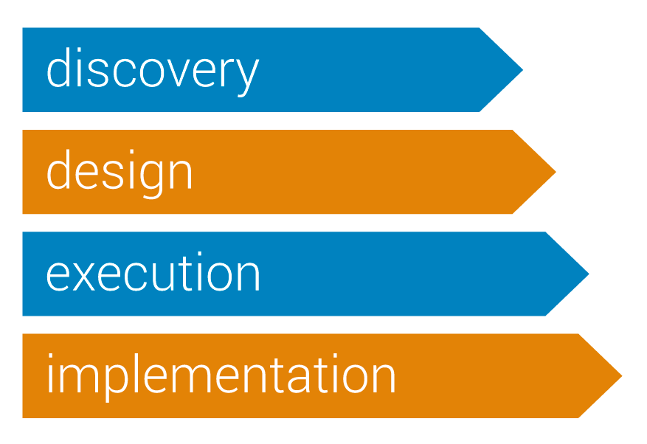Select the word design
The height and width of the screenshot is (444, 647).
[x=120, y=174]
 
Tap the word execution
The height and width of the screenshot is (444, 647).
[x=153, y=271]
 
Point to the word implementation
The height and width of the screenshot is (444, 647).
[x=221, y=378]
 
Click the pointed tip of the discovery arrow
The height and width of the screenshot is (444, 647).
[x=522, y=70]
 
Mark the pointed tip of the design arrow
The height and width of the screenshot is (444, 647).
[x=556, y=172]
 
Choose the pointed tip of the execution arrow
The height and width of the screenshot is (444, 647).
[x=589, y=274]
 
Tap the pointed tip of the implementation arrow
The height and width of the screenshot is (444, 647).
[x=621, y=376]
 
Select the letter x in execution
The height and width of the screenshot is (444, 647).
[x=86, y=277]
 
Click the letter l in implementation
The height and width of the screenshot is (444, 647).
[x=136, y=373]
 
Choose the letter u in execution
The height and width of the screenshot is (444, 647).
[x=164, y=277]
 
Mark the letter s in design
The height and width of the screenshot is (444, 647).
[x=113, y=175]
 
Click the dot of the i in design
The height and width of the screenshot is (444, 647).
[x=131, y=152]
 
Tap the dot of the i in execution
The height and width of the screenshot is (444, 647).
[x=200, y=254]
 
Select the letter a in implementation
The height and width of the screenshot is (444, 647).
[x=299, y=378]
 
